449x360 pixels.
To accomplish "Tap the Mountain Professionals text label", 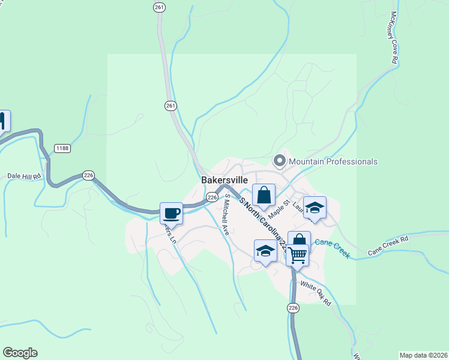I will click(x=333, y=161).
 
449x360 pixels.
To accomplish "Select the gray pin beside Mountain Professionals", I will click(x=279, y=161).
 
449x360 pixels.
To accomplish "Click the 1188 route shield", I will click(x=62, y=148).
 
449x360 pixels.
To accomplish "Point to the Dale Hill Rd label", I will click(x=24, y=176).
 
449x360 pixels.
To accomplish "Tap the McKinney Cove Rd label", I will click(x=394, y=38).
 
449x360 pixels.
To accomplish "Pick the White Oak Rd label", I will click(x=316, y=294).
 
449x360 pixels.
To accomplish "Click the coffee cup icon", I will click(x=171, y=213).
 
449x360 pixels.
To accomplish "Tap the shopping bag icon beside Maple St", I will click(x=264, y=195).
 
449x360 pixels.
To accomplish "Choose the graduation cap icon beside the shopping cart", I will click(x=265, y=251).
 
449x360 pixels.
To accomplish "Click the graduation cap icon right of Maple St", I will click(x=315, y=208).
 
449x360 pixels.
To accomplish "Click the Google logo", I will click(x=20, y=353).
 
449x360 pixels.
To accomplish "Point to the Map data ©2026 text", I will click(x=423, y=355).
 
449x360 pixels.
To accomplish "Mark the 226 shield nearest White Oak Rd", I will click(x=293, y=308).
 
